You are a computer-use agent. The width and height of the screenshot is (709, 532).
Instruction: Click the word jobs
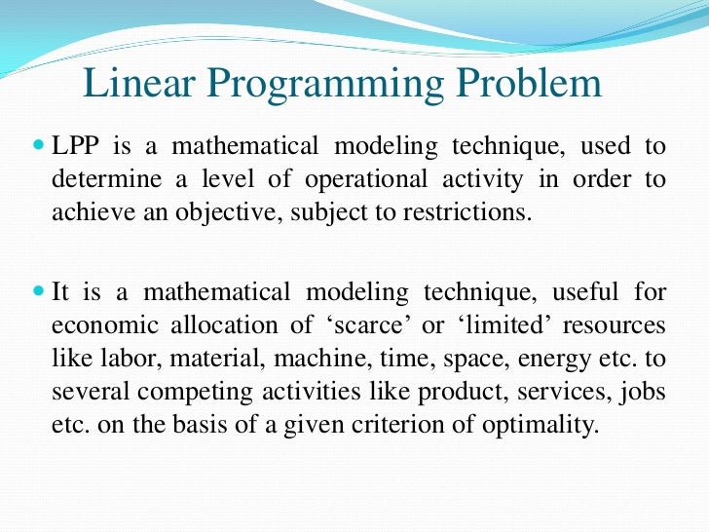[647, 392]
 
